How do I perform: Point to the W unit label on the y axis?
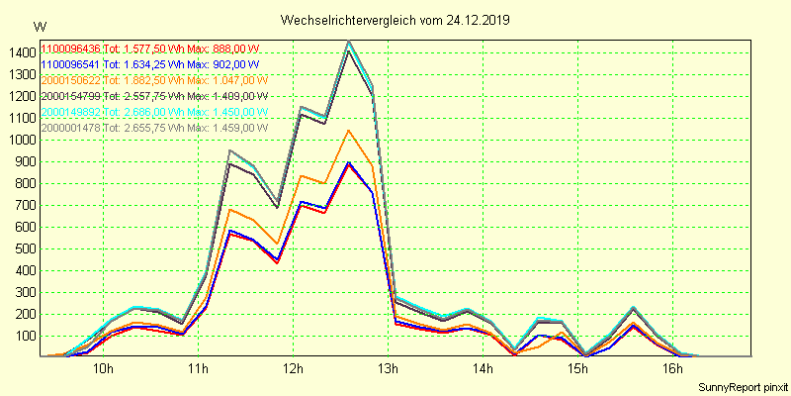click(39, 27)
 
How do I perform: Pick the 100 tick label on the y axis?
click(26, 336)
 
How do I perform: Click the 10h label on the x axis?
click(103, 369)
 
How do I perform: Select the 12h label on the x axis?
click(293, 369)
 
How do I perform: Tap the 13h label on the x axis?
click(388, 369)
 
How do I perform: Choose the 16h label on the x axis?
click(672, 369)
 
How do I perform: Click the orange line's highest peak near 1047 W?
click(348, 131)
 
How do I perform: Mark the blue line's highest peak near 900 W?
click(348, 162)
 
